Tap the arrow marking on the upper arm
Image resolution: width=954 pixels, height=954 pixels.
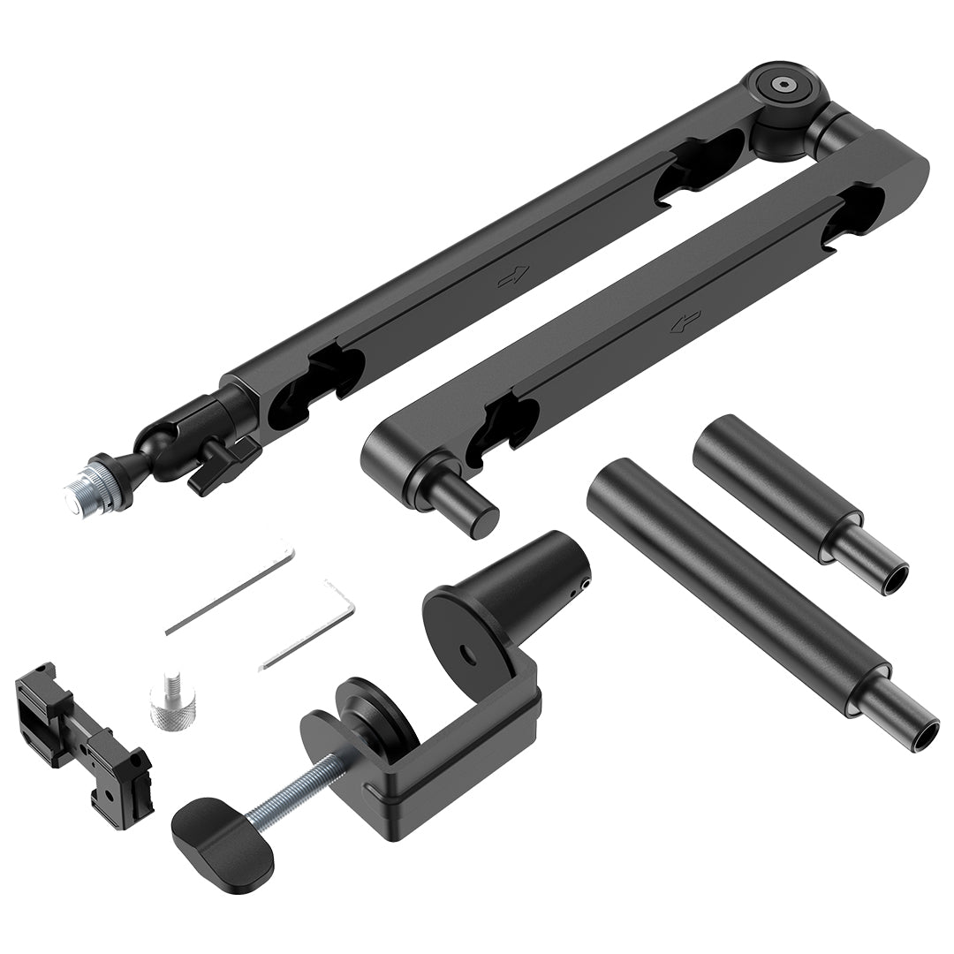[512, 276]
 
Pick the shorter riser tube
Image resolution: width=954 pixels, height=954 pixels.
[777, 482]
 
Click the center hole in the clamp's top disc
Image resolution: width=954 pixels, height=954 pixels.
[466, 653]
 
